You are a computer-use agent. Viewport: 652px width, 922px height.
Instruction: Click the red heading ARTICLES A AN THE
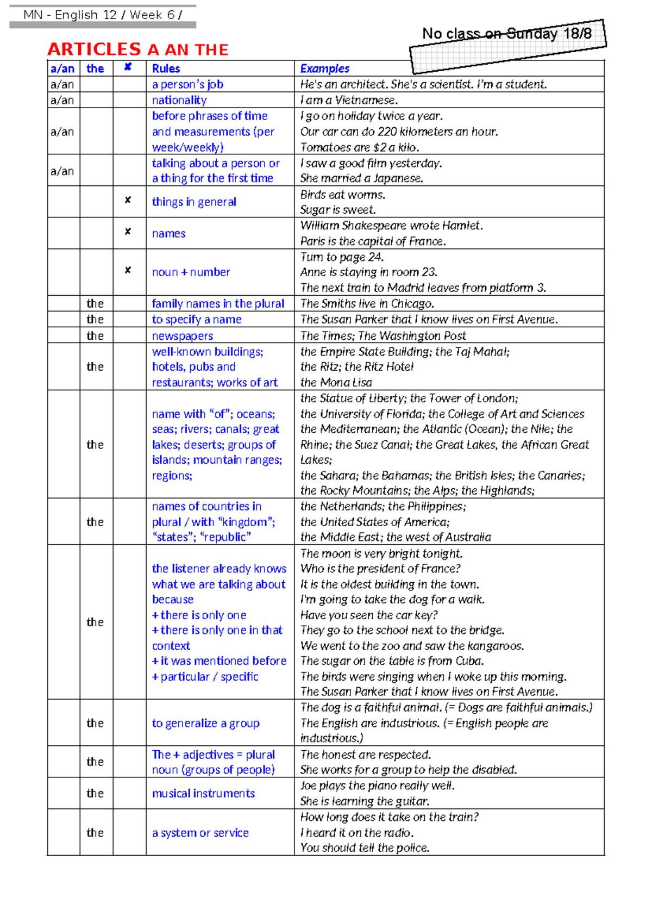tap(138, 49)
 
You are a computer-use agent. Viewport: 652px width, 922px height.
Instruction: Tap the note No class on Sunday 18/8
tap(506, 34)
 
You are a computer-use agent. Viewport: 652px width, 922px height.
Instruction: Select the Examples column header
tap(324, 68)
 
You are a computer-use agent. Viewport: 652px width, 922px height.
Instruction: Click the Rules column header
tap(166, 68)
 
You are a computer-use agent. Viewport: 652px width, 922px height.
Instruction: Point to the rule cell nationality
tap(179, 100)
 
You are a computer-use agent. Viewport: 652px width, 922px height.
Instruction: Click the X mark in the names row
tap(128, 232)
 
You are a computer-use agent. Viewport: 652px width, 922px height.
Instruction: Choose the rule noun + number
tap(191, 272)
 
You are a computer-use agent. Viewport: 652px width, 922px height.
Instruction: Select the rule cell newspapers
tap(183, 335)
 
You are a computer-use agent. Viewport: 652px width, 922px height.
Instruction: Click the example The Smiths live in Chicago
tap(367, 303)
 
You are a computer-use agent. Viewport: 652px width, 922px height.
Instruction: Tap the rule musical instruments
tap(203, 793)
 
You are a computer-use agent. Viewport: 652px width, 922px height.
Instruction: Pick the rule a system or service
tap(200, 832)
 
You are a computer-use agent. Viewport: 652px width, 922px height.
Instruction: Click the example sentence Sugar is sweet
tap(337, 210)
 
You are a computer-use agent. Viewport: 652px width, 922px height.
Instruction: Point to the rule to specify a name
tap(197, 319)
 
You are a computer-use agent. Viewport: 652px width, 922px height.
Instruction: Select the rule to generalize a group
tap(205, 723)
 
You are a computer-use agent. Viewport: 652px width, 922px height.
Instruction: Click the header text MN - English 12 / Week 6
tap(103, 15)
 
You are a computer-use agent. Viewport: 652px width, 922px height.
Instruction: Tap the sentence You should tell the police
tap(365, 848)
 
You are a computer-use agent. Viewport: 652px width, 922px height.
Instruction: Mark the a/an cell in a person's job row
tap(62, 84)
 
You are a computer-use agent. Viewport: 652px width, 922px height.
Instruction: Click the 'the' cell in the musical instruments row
tap(95, 793)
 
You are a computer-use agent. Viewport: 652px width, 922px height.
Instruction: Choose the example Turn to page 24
tap(342, 257)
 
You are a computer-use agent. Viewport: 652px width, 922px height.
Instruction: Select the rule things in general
tap(194, 202)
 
